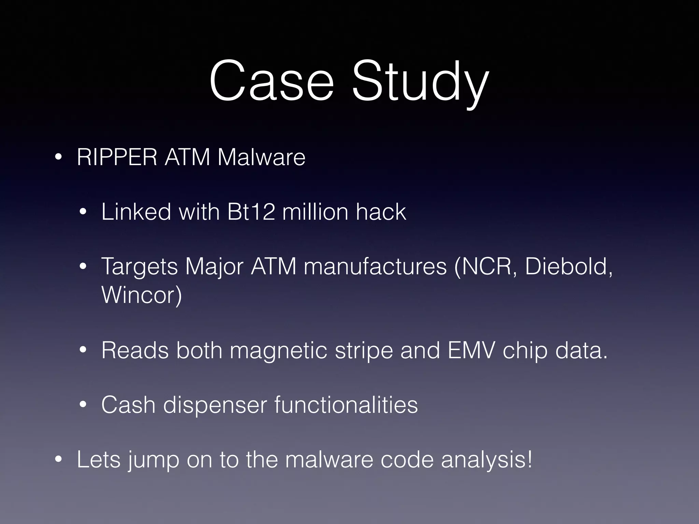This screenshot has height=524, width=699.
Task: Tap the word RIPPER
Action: [117, 157]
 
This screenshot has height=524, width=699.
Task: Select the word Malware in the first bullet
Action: [261, 157]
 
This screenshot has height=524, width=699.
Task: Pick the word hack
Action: [381, 212]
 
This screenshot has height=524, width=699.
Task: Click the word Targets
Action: [140, 266]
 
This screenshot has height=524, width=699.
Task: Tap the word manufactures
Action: [375, 266]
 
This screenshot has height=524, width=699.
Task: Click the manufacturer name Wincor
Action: [141, 295]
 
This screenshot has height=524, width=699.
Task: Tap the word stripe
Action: [364, 351]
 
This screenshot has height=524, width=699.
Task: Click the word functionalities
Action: [346, 405]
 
